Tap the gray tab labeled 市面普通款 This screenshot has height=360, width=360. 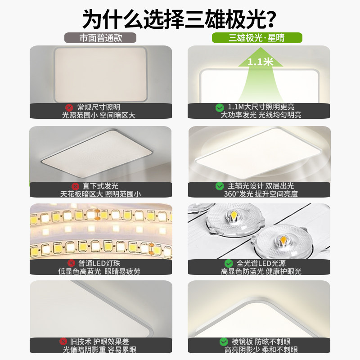tap(101, 38)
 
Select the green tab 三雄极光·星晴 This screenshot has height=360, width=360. tap(257, 38)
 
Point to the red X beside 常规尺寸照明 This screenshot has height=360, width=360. tap(70, 108)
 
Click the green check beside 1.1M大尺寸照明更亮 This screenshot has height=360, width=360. tap(220, 108)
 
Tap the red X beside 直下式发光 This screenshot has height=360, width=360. tap(75, 186)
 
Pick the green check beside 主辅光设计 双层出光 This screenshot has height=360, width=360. tap(220, 186)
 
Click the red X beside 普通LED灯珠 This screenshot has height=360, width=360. tap(71, 263)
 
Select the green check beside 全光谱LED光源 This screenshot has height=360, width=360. tap(229, 263)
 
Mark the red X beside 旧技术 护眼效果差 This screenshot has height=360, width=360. tap(63, 342)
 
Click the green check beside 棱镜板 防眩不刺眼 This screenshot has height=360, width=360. tap(223, 342)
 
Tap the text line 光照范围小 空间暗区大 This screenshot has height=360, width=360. tap(98, 115)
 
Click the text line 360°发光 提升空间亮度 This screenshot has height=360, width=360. tap(261, 194)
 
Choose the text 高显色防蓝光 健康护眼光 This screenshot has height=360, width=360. tap(261, 271)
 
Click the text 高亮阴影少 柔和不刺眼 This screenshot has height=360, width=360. tap(261, 350)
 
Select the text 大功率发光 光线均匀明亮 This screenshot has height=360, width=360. tap(261, 115)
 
